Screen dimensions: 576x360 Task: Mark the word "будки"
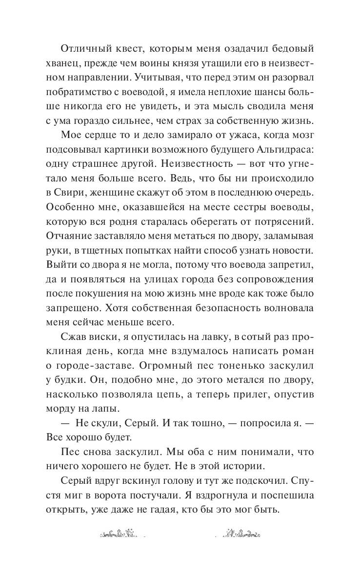click(72, 381)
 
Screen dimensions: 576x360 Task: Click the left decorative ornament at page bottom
click(117, 533)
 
